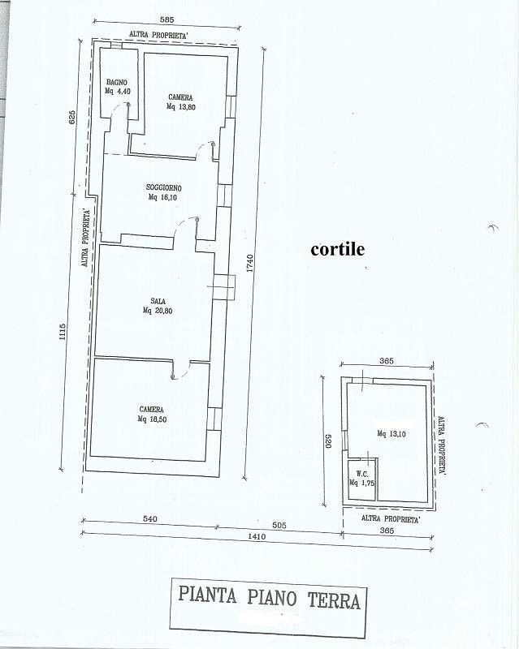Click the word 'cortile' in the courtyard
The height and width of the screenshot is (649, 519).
tap(337, 249)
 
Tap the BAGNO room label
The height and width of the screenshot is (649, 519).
tap(117, 83)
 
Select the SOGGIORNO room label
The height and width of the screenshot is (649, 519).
tap(164, 188)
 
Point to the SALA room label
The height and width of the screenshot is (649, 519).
tap(158, 301)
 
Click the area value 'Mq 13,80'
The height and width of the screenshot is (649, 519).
tap(181, 107)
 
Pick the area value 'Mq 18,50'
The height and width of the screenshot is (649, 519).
tap(152, 419)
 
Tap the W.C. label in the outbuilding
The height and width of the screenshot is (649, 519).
tap(362, 475)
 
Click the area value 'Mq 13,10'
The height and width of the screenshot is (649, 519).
tap(391, 434)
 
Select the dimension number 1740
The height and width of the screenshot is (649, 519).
tap(249, 263)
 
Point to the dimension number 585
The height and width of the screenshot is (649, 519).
tap(167, 19)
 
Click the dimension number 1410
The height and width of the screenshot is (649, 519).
tap(257, 537)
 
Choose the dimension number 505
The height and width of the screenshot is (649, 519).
tap(280, 526)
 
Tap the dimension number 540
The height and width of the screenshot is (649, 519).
tap(150, 518)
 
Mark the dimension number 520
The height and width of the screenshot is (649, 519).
tap(327, 441)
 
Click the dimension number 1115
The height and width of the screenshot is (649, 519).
tap(63, 332)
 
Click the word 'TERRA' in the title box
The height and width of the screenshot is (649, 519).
tap(334, 600)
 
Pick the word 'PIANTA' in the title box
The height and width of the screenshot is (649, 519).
tap(207, 595)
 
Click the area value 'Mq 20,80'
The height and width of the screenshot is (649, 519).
tap(158, 311)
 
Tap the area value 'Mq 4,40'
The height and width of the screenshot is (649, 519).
tap(118, 92)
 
